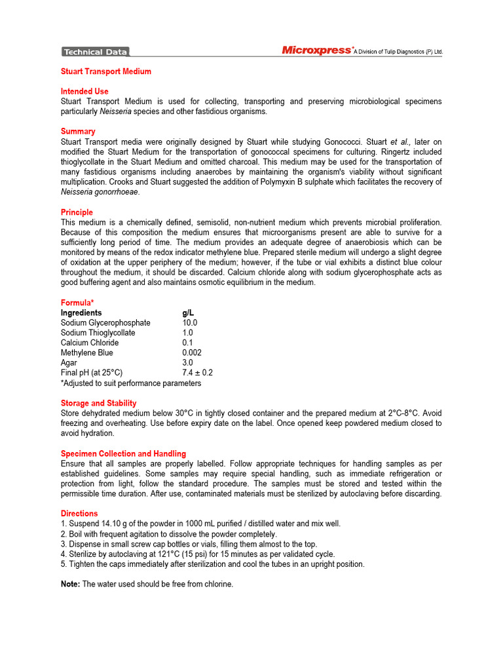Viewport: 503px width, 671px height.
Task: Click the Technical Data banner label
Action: pyautogui.click(x=96, y=52)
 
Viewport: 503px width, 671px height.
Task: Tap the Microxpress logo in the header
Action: pyautogui.click(x=317, y=50)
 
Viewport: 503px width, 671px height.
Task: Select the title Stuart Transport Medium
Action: pyautogui.click(x=106, y=71)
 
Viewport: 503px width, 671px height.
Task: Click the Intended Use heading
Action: pyautogui.click(x=84, y=91)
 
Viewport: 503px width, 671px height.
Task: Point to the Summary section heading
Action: pyautogui.click(x=78, y=131)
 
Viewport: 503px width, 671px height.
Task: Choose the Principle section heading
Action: pyautogui.click(x=77, y=212)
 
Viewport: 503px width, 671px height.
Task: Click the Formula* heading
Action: pyautogui.click(x=77, y=303)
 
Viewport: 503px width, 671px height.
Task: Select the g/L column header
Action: pyautogui.click(x=188, y=313)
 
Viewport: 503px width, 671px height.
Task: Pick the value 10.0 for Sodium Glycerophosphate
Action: pyautogui.click(x=190, y=322)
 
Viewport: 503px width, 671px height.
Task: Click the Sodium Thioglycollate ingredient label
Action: pyautogui.click(x=98, y=333)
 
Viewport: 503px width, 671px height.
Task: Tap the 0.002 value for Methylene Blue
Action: pyautogui.click(x=192, y=353)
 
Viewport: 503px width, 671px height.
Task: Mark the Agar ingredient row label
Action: pyautogui.click(x=69, y=362)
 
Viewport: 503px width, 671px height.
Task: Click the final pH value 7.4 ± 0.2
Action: pyautogui.click(x=197, y=373)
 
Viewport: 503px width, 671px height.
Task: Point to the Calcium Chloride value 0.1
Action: pyautogui.click(x=187, y=343)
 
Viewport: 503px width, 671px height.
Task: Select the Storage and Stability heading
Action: pyautogui.click(x=98, y=403)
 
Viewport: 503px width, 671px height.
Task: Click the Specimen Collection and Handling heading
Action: pyautogui.click(x=123, y=453)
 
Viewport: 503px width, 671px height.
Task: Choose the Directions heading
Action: pyautogui.click(x=79, y=514)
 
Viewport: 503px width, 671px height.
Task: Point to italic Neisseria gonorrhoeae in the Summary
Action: pyautogui.click(x=100, y=192)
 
